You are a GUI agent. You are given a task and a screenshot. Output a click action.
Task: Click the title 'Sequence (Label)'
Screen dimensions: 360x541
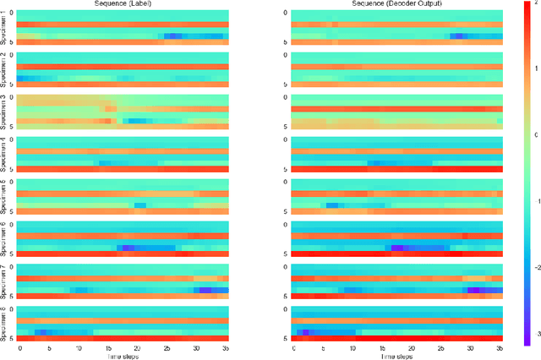tap(123, 4)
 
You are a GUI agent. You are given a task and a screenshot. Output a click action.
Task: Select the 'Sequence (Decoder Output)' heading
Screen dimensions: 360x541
tap(397, 4)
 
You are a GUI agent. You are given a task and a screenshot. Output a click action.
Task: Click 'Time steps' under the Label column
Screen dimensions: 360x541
tap(123, 356)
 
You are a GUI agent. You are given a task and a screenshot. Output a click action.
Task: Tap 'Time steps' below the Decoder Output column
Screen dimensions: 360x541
tap(397, 356)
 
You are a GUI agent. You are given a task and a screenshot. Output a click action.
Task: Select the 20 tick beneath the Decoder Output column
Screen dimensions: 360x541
tap(412, 348)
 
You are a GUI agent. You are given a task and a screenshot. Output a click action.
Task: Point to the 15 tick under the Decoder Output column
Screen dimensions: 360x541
tap(382, 348)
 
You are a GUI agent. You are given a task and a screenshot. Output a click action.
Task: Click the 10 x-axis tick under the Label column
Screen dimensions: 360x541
tap(79, 348)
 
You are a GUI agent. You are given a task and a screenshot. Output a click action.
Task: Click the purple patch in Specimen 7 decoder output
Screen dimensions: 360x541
tap(473, 289)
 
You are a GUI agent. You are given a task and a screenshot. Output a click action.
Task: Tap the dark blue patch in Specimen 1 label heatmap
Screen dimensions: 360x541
tap(173, 36)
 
